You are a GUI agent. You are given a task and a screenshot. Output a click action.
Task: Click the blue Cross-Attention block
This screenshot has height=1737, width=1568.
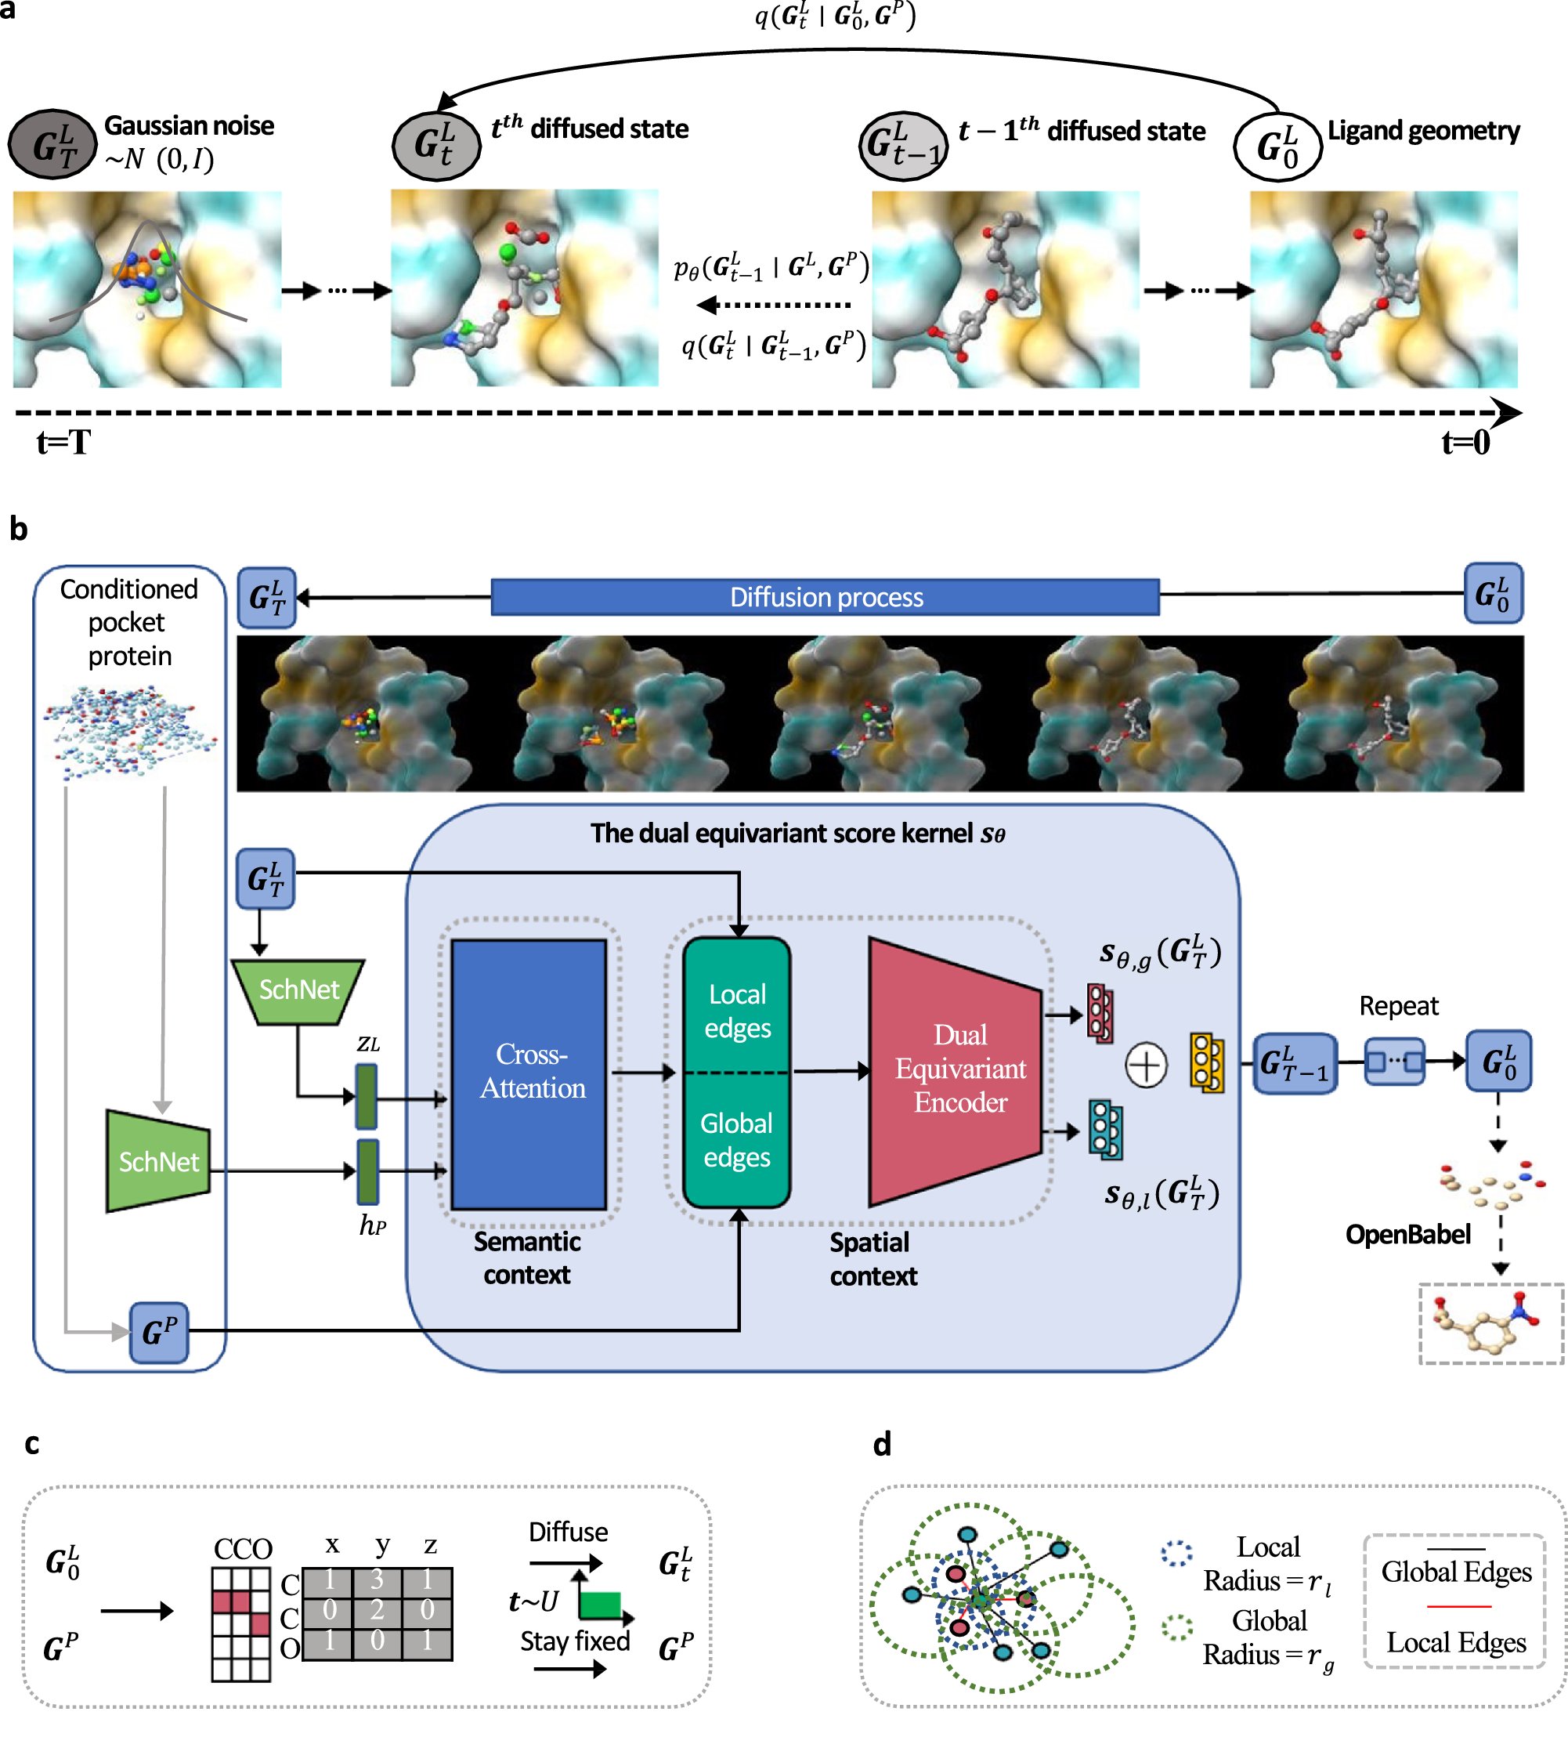529,1073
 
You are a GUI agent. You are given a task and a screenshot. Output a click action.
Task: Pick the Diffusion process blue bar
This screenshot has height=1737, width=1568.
825,597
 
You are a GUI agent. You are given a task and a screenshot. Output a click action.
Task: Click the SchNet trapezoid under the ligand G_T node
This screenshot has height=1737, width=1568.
298,991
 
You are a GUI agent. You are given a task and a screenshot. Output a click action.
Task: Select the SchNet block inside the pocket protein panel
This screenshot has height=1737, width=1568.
158,1162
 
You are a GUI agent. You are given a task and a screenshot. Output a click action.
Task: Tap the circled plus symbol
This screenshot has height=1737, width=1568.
1146,1066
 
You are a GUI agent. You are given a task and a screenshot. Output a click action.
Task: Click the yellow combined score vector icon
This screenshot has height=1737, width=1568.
1206,1062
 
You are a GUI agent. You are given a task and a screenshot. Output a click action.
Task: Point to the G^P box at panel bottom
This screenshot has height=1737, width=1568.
158,1333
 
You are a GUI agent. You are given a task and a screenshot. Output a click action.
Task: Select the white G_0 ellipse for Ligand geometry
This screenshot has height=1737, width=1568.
1277,147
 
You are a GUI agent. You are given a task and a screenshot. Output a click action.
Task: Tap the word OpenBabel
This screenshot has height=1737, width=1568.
1407,1235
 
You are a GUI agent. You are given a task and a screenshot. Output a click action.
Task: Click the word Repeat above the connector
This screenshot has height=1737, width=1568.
1398,1005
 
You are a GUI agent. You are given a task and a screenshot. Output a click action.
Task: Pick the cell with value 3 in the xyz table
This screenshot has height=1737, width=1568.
377,1580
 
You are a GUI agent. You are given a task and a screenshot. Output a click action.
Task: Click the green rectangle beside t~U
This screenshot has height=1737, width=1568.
601,1605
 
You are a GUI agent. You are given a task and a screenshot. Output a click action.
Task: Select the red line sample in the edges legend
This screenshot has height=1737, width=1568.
1458,1606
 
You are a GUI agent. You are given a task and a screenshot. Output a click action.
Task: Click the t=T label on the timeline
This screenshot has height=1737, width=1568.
63,443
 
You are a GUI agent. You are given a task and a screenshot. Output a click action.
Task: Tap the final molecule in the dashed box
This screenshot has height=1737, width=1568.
1490,1324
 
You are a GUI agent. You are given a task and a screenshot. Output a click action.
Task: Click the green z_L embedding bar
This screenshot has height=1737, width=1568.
367,1096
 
